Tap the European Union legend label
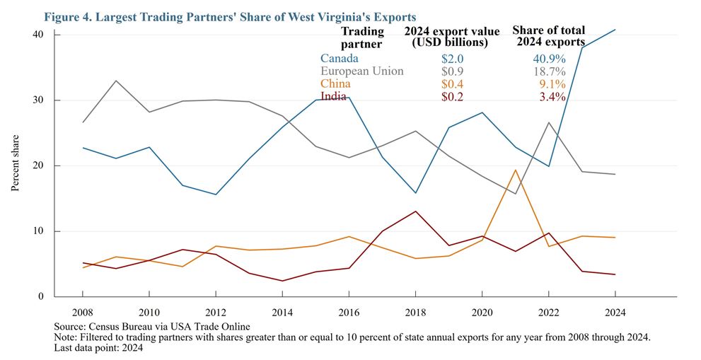[x=362, y=71]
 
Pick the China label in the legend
[x=335, y=83]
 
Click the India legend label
[x=333, y=96]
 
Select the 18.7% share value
[x=549, y=71]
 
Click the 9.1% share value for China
[x=552, y=84]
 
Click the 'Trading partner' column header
[x=362, y=37]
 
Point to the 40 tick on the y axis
[x=37, y=35]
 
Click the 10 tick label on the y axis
[x=37, y=231]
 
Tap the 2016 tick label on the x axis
[x=349, y=313]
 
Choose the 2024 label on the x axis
[x=615, y=313]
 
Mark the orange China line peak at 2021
[x=516, y=170]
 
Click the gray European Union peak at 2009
[x=116, y=81]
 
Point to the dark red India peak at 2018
[x=416, y=211]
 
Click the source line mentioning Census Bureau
[x=152, y=326]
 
